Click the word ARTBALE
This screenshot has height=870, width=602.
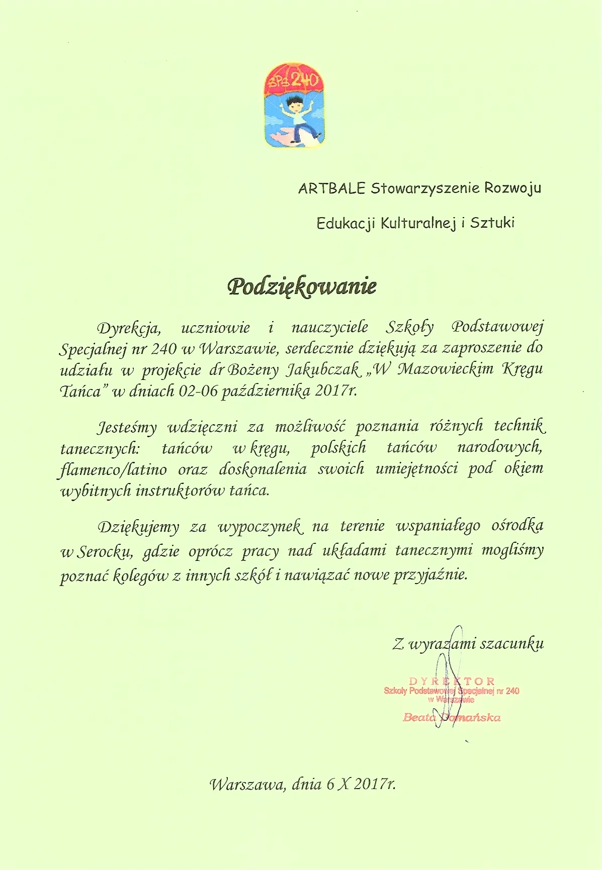tap(331, 188)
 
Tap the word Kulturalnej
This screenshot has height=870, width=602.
tap(417, 223)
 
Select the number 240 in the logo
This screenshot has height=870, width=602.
tap(304, 80)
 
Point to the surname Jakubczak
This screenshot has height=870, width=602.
tap(323, 370)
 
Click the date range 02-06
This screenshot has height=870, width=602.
tap(198, 391)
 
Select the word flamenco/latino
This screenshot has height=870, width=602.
tap(113, 469)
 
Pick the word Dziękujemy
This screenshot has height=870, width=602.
tap(138, 527)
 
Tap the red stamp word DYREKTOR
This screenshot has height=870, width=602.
tap(452, 682)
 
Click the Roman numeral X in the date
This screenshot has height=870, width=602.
tap(343, 785)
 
